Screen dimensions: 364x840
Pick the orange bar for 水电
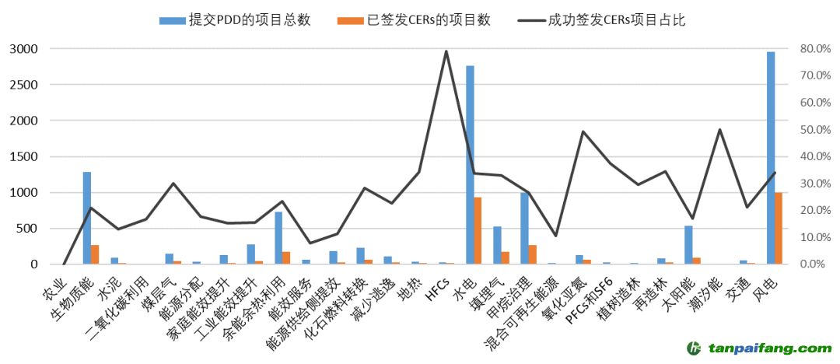pyautogui.click(x=478, y=231)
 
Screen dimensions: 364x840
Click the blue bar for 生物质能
pyautogui.click(x=87, y=218)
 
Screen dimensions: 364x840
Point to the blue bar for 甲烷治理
pyautogui.click(x=524, y=229)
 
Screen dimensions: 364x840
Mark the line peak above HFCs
pyautogui.click(x=446, y=51)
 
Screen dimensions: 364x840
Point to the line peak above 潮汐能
pyautogui.click(x=719, y=130)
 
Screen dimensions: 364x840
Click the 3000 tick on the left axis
pyautogui.click(x=24, y=49)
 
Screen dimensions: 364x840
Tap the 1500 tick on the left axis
pyautogui.click(x=24, y=156)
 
